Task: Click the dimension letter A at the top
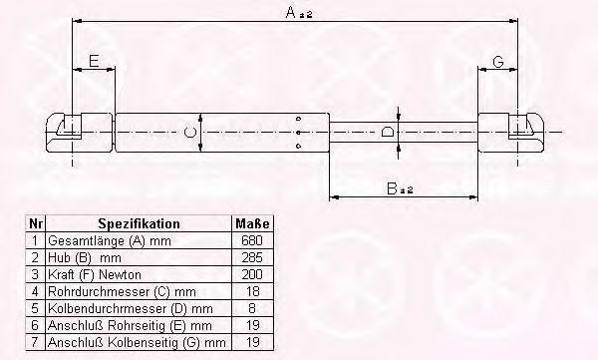coord(291,12)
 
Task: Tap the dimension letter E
coord(94,61)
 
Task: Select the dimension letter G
coord(498,61)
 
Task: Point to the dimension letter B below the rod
coord(392,188)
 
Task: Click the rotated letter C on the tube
coord(189,132)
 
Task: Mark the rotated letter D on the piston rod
coord(388,132)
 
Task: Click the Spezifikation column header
coord(139,223)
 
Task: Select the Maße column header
coord(252,223)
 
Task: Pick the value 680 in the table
coord(252,240)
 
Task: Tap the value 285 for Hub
coord(252,257)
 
